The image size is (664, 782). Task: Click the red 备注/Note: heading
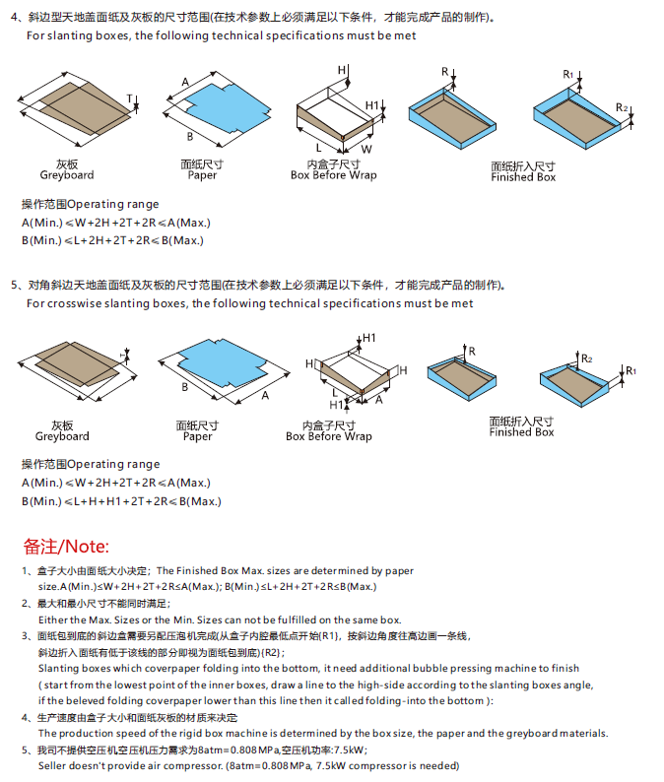pyautogui.click(x=67, y=546)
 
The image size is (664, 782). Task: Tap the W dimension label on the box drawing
pyautogui.click(x=365, y=148)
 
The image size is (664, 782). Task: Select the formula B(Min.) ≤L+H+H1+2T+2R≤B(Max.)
pyautogui.click(x=121, y=501)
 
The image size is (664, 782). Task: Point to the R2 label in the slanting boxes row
pyautogui.click(x=622, y=107)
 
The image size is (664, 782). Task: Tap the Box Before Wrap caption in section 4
pyautogui.click(x=333, y=175)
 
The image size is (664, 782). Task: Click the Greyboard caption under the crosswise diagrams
pyautogui.click(x=62, y=436)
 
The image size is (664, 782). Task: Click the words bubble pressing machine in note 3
pyautogui.click(x=448, y=668)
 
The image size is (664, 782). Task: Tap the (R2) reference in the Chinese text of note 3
pyautogui.click(x=272, y=652)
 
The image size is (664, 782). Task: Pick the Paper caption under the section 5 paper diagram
pyautogui.click(x=198, y=436)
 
